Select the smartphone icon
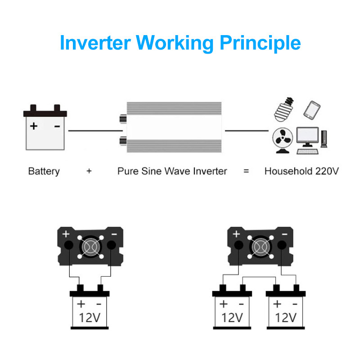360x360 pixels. (312, 109)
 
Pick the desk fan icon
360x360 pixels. (283, 140)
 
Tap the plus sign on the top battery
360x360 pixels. (34, 126)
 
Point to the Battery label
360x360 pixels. (44, 171)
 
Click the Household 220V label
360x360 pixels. (301, 171)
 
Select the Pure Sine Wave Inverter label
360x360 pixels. (172, 171)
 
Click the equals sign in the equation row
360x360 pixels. (246, 171)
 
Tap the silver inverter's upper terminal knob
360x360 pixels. (122, 119)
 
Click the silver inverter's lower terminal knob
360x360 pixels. (122, 142)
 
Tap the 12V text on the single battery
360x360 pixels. (89, 318)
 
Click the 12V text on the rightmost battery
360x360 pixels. (286, 318)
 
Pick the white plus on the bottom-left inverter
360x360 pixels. (66, 234)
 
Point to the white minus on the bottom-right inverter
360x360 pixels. (284, 234)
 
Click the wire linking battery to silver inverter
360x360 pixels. (93, 131)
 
